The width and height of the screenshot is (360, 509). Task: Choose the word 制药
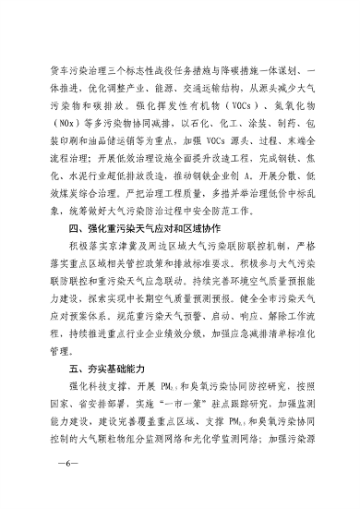tap(290, 121)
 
